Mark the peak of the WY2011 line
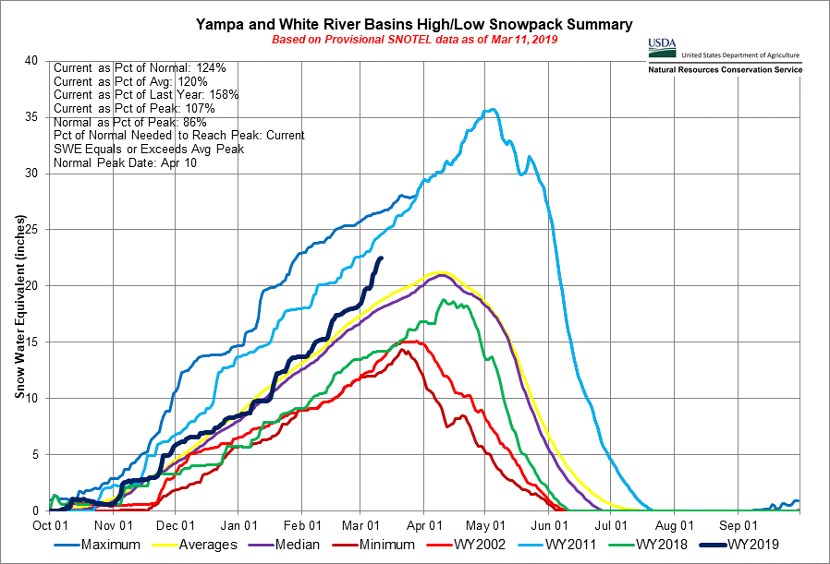495,110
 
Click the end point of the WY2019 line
382,258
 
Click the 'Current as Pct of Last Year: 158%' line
146,95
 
